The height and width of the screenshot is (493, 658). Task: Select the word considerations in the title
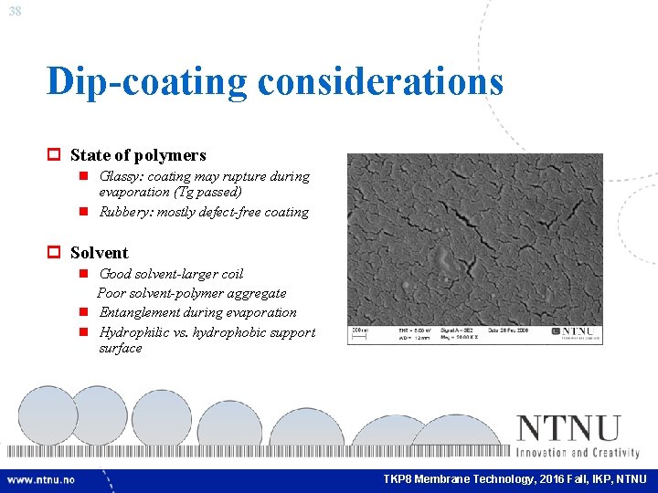point(380,80)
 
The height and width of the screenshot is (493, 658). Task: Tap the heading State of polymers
point(138,155)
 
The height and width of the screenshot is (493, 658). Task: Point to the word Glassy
point(119,176)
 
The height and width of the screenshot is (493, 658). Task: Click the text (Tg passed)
point(207,192)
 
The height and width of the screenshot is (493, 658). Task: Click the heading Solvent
point(99,253)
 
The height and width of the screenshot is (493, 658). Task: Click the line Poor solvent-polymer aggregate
point(192,293)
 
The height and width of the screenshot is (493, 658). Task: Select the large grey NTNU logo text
point(568,429)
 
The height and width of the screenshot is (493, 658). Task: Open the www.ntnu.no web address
point(41,479)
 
